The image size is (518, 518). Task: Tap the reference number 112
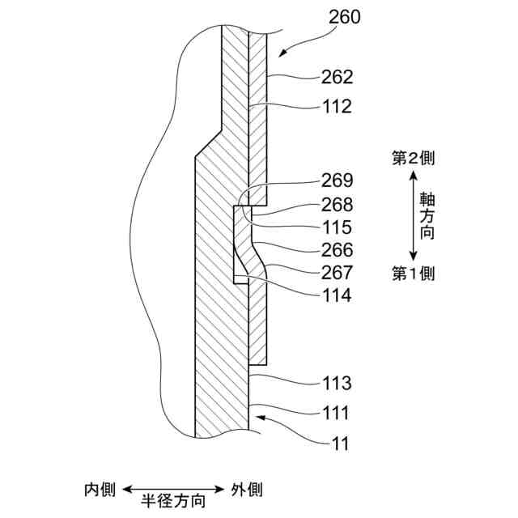(335, 106)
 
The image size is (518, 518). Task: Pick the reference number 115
(335, 227)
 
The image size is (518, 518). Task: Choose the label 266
(335, 250)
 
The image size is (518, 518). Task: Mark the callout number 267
(335, 273)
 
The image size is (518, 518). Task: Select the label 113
(335, 383)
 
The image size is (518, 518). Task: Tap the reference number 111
(335, 414)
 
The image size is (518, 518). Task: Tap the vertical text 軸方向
(426, 215)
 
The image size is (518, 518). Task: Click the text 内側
(101, 490)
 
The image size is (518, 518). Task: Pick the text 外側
(246, 490)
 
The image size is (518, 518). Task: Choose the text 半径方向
(173, 501)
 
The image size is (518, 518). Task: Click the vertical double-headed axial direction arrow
(409, 215)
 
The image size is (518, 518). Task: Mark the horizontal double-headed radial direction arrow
(173, 489)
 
